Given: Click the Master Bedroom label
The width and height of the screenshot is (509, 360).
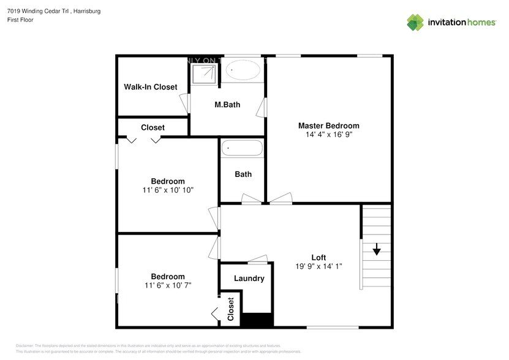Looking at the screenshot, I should tap(328, 126).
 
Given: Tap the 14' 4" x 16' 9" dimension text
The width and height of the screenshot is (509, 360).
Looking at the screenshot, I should tap(328, 134).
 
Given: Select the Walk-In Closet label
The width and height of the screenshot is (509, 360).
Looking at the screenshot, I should tap(151, 87).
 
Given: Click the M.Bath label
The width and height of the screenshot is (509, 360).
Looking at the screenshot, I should tap(227, 105).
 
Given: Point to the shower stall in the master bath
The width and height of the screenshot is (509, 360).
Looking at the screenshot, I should tap(204, 73).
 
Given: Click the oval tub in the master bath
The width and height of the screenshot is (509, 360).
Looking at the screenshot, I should tap(244, 71).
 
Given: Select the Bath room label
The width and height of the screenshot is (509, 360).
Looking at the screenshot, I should tap(243, 174).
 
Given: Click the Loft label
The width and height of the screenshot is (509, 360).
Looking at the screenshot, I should tap(319, 257).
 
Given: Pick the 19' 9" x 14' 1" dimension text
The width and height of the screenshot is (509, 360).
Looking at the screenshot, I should tap(319, 266).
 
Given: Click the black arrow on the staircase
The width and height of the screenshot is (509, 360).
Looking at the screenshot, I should tap(376, 250).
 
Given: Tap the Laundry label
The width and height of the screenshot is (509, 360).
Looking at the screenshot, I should tap(249, 279).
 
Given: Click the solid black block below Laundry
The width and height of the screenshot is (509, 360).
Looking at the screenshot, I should tap(257, 320).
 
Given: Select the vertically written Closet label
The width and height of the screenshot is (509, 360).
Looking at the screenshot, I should tap(231, 309).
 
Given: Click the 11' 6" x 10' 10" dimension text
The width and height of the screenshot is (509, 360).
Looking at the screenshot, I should tap(168, 190).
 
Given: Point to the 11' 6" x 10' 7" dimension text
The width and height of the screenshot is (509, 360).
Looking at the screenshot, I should tap(168, 285).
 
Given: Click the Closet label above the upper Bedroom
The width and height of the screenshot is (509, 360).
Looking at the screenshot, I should tap(153, 127).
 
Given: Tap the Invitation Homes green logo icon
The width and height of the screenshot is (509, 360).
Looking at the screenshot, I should tap(416, 22).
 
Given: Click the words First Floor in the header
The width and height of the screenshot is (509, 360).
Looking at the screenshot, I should tap(21, 20).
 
